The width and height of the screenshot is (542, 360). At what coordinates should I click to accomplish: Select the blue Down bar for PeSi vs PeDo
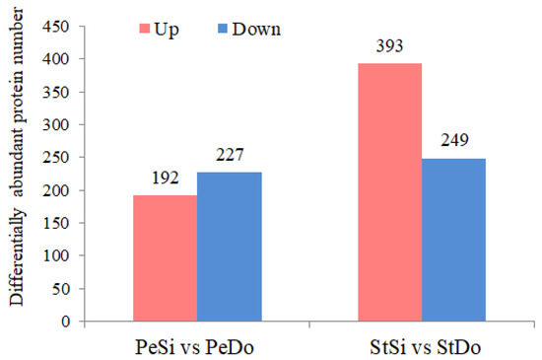pyautogui.click(x=230, y=247)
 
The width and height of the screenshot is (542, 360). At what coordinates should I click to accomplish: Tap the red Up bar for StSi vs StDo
pyautogui.click(x=389, y=192)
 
